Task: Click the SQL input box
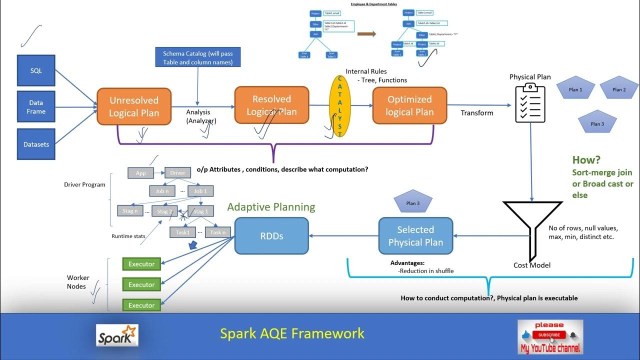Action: (36, 70)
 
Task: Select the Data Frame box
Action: (36, 107)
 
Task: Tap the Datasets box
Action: (36, 144)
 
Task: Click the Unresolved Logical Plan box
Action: (134, 106)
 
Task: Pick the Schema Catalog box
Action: (197, 57)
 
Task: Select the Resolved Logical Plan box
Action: (271, 105)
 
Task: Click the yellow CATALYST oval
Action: (340, 106)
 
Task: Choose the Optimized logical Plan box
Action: (409, 105)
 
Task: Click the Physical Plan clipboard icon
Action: (530, 103)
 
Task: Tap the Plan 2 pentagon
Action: (619, 89)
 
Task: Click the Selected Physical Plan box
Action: (415, 236)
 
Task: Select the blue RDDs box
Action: (271, 236)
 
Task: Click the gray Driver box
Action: (177, 173)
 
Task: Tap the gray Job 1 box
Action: (200, 191)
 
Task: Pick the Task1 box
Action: (183, 232)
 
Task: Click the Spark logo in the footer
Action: (117, 335)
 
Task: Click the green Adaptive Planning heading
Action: (271, 207)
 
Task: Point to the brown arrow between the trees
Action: (366, 34)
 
